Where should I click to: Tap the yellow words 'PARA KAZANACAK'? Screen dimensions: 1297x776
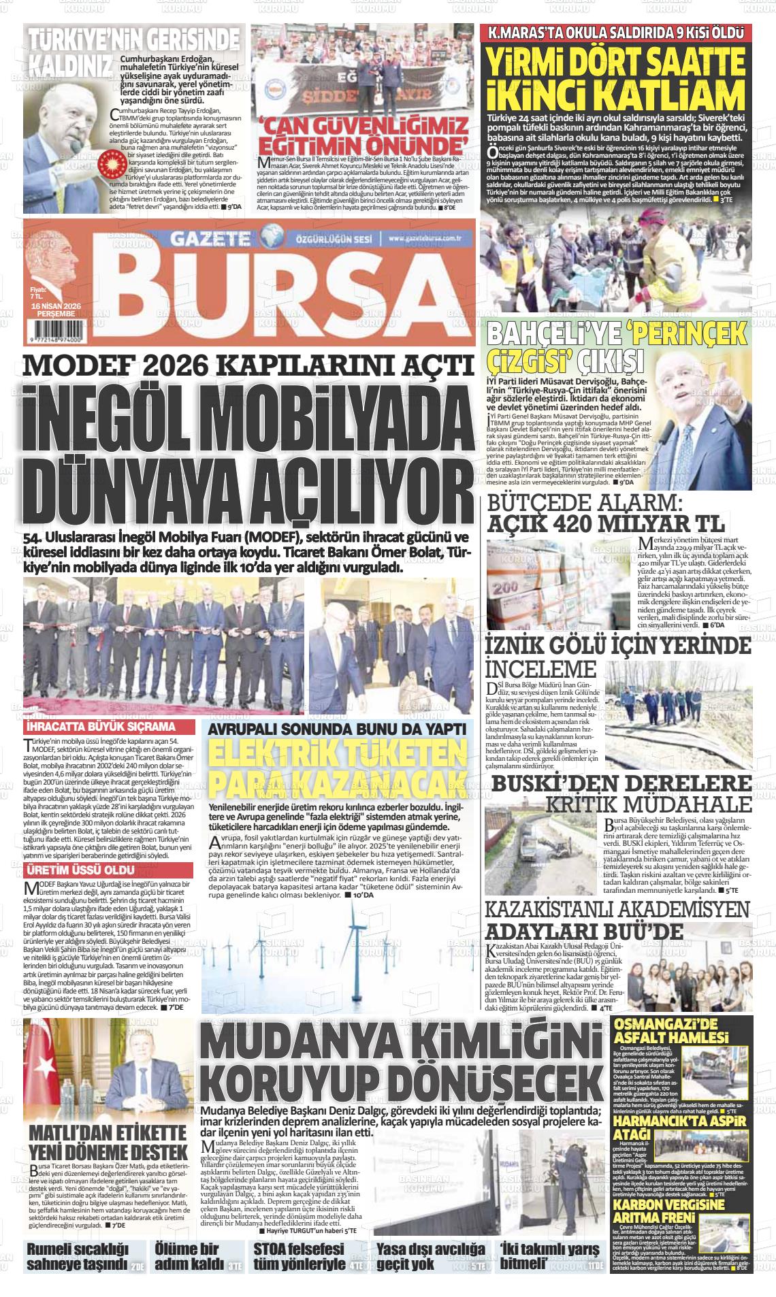pyautogui.click(x=337, y=782)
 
